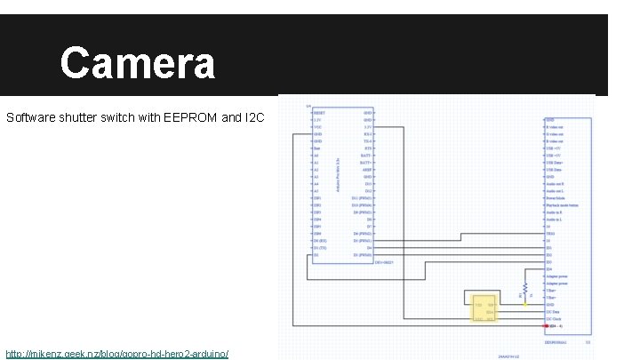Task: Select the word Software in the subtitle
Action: (x=30, y=117)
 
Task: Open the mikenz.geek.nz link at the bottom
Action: (x=116, y=354)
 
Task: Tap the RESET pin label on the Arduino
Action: (x=318, y=113)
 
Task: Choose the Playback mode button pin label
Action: (x=564, y=205)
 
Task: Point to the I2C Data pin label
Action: (x=555, y=311)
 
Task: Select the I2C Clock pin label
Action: (x=556, y=318)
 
